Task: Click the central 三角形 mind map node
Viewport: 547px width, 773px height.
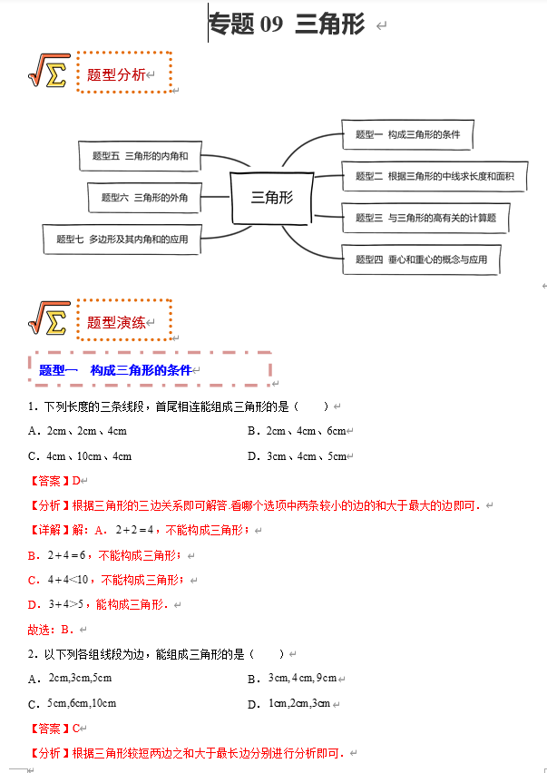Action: pyautogui.click(x=272, y=197)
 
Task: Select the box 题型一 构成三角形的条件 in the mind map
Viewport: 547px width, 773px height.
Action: pyautogui.click(x=408, y=135)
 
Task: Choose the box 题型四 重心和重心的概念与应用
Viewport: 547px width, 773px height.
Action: pyautogui.click(x=421, y=259)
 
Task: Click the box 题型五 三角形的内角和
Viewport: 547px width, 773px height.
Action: pyautogui.click(x=140, y=156)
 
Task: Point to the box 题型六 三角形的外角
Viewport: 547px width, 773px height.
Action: pyautogui.click(x=145, y=197)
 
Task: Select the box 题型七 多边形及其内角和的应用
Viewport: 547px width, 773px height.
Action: pyautogui.click(x=122, y=239)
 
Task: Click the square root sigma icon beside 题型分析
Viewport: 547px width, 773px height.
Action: pyautogui.click(x=49, y=71)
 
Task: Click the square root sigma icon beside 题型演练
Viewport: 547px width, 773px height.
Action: pyautogui.click(x=49, y=318)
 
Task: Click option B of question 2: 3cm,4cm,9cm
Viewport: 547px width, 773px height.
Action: pyautogui.click(x=302, y=678)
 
